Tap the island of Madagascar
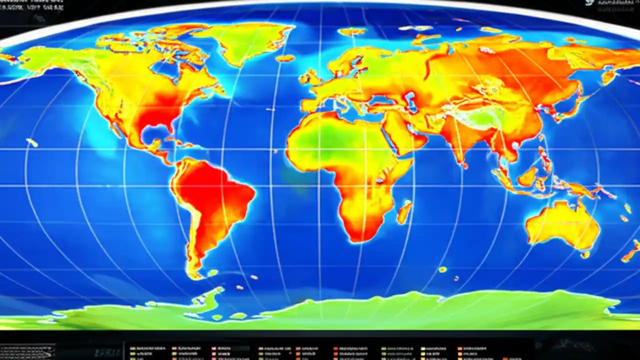pos(404,212)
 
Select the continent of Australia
pos(562,225)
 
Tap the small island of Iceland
pos(285,58)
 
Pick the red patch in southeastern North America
pos(155,112)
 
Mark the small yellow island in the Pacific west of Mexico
pos(32,143)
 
